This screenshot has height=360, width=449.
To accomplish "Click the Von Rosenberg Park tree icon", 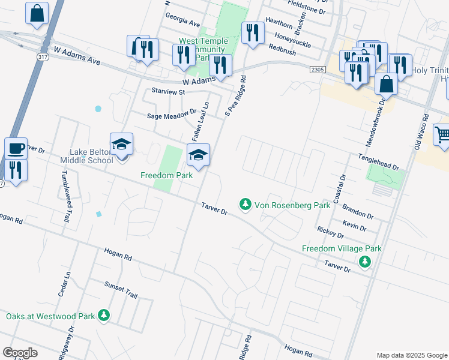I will pos(245,205).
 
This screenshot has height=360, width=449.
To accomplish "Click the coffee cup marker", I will pos(16,147).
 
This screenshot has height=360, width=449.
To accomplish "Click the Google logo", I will pos(20,353).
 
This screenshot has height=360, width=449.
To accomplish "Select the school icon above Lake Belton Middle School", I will pos(121,143).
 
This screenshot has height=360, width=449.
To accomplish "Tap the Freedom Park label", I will pos(166,176).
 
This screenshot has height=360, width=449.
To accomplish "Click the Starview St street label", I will pos(169,92).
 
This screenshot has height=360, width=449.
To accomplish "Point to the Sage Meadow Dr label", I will pos(172,112).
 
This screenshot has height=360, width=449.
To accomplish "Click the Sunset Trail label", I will pos(121,291).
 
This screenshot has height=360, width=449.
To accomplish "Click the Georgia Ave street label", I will pos(182,22).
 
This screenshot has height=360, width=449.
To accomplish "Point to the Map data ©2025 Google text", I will pos(411,355).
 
